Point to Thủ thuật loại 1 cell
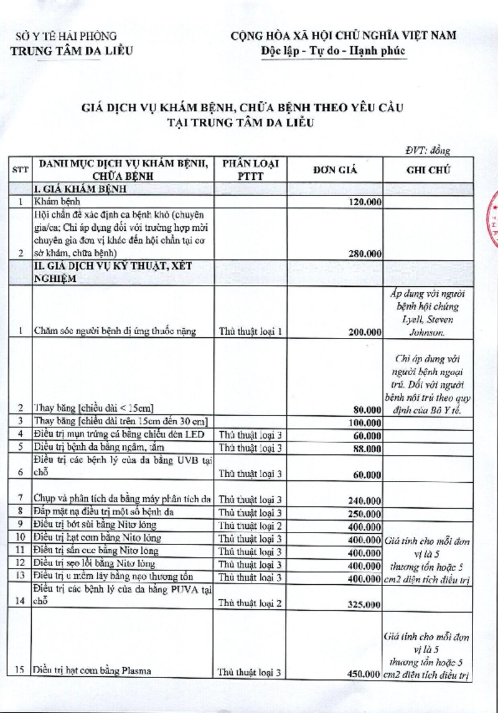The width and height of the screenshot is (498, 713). click(x=251, y=332)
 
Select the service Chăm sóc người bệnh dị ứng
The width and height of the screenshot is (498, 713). click(x=116, y=332)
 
